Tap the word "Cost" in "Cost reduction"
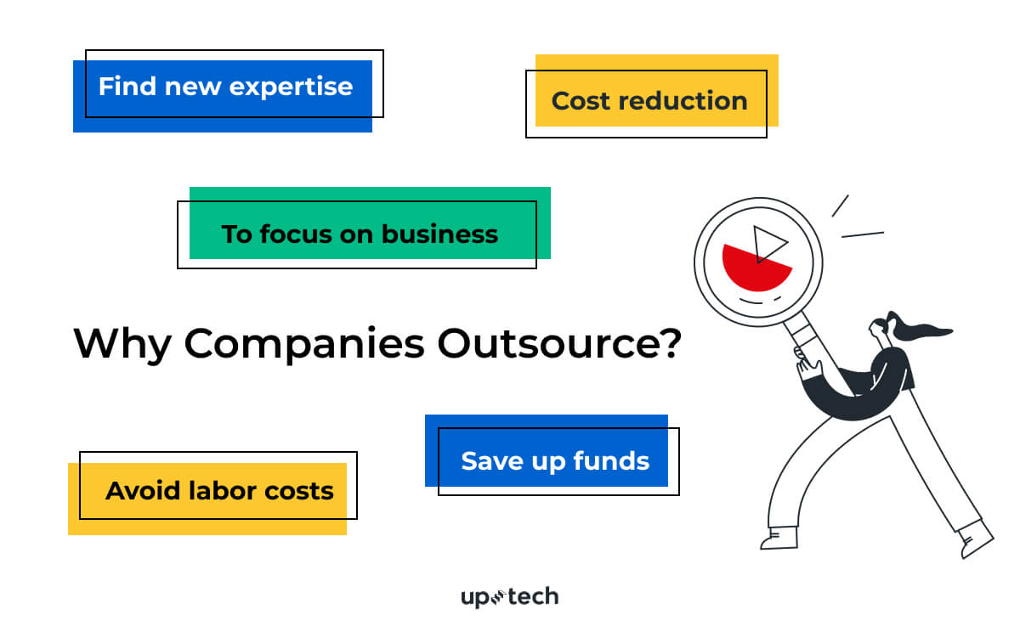point(581,101)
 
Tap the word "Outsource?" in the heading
point(559,344)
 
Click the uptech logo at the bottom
point(509,597)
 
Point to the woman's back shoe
point(977,538)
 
